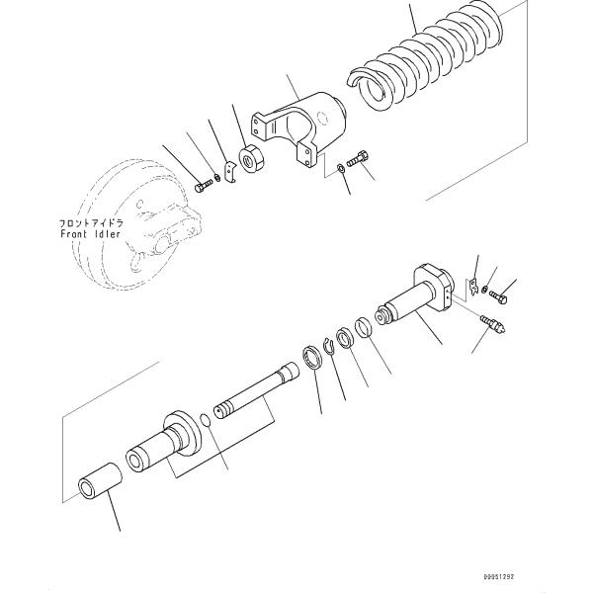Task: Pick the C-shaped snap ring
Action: click(313, 356)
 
